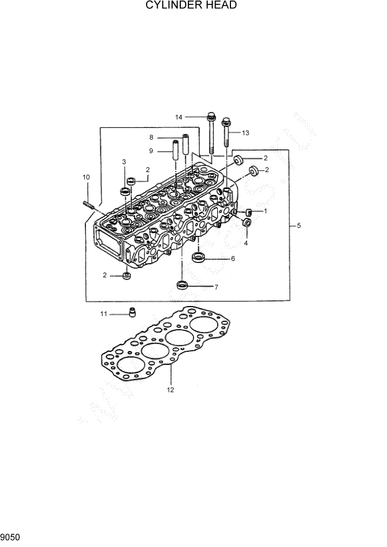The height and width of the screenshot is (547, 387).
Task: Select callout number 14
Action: pos(179,117)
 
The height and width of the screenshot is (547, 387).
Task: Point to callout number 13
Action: pos(245,133)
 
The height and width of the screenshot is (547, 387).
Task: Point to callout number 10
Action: pos(86,177)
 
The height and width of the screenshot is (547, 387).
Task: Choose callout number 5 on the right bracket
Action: pos(298,226)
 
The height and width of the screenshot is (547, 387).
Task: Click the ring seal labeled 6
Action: pos(198,258)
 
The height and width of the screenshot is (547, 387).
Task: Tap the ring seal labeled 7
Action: pos(182,285)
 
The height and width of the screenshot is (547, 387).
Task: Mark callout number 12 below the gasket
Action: pos(170,390)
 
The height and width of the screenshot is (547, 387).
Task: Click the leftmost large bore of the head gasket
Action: pos(130,366)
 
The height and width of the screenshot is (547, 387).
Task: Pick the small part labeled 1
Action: pos(249,212)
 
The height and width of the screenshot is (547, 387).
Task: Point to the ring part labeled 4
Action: pos(246,223)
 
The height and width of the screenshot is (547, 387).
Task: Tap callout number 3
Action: pos(124,162)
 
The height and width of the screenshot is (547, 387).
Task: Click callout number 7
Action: pos(216,287)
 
